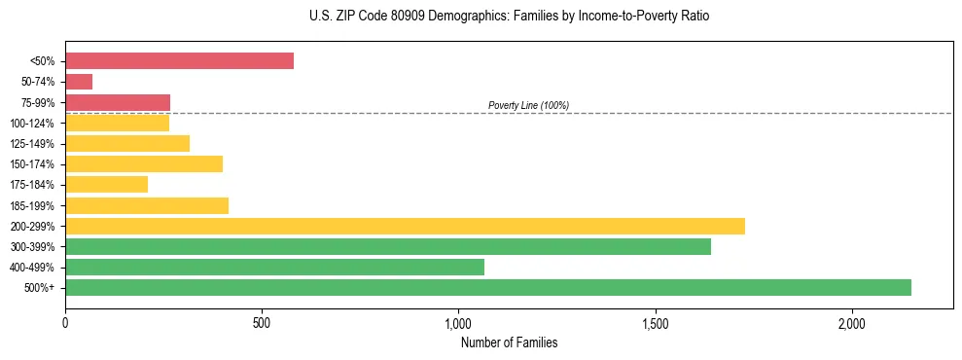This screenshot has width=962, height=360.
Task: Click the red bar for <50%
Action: pos(179,61)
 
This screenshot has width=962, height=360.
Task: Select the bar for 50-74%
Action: pos(79,82)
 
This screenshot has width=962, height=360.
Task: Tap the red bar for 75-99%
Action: pos(118,102)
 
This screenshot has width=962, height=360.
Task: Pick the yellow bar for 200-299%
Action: pos(405,226)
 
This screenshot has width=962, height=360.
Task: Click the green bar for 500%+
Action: pos(488,287)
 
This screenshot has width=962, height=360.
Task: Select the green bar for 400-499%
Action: pos(274,267)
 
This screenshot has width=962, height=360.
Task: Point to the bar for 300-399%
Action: pos(388,246)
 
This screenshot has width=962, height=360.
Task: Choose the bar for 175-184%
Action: pos(106,184)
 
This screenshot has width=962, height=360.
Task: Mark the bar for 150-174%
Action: pos(144,163)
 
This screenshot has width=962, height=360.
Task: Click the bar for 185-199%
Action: pos(147,205)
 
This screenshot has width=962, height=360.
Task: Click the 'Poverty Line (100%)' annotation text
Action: pos(528,105)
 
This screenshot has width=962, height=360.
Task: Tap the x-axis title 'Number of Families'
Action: pos(509,342)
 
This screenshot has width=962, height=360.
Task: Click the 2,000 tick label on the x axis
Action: pos(851,323)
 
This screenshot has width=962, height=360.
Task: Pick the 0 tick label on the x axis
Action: pos(65,323)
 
